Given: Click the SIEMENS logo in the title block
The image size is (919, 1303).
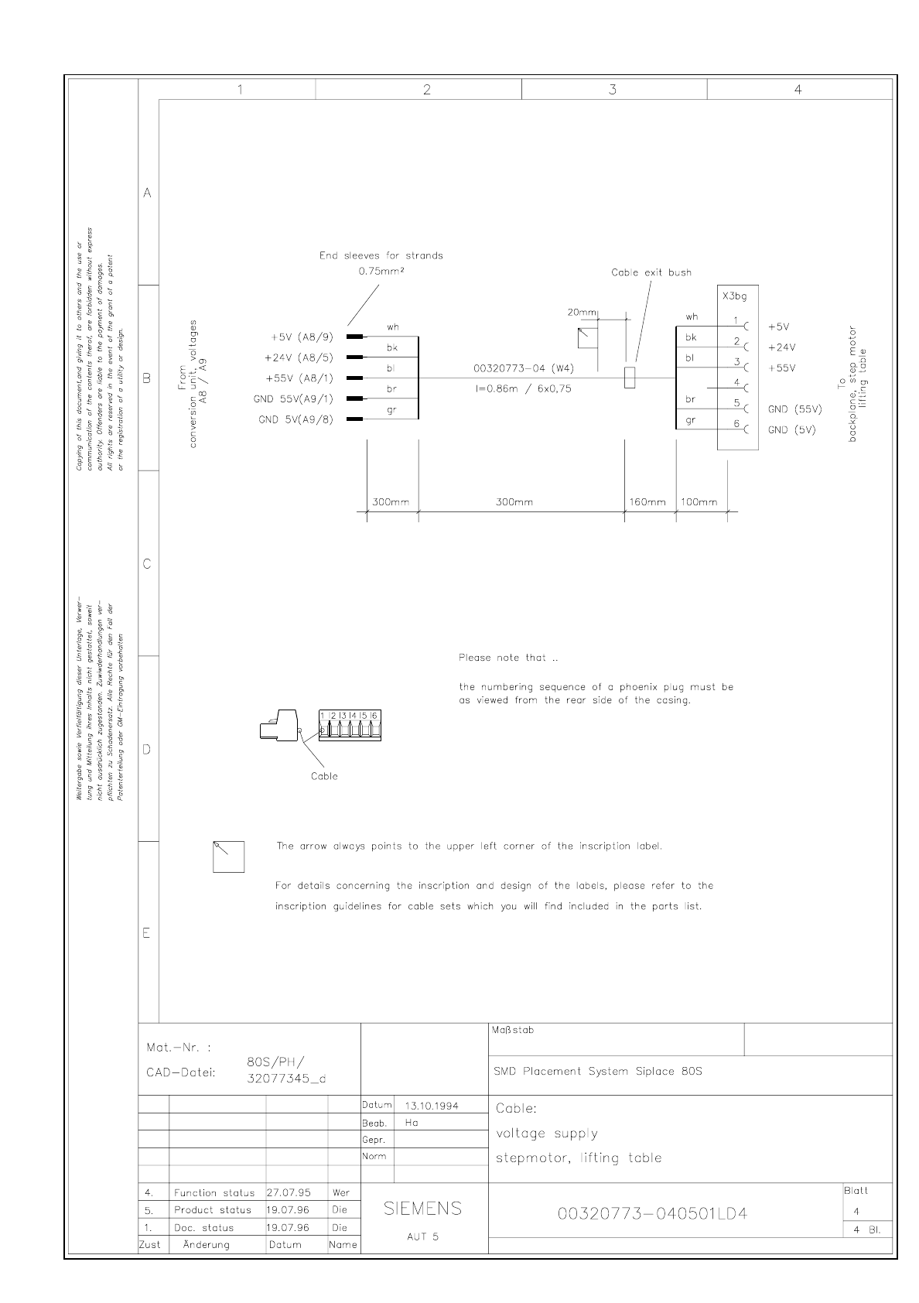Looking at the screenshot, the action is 422,1208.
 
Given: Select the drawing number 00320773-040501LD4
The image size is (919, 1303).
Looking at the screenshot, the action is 653,1212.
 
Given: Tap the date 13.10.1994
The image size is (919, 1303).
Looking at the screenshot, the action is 432,1106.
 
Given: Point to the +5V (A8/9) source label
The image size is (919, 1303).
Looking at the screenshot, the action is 302,337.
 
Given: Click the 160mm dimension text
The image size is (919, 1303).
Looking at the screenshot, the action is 647,502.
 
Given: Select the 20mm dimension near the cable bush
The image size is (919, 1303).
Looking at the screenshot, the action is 582,313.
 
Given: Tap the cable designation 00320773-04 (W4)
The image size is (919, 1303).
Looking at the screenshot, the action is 524,368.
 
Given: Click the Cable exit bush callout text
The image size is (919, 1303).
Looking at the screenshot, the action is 651,272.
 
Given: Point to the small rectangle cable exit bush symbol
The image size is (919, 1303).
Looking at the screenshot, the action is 630,378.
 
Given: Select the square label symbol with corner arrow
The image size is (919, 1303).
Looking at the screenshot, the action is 228,856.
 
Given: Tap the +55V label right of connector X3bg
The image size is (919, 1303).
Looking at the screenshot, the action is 781,368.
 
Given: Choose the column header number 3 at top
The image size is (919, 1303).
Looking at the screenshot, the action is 613,90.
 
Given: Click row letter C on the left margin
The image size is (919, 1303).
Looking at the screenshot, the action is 147,564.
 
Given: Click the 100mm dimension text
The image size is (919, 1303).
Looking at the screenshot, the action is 699,502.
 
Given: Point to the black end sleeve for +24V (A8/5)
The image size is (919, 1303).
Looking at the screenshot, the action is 355,357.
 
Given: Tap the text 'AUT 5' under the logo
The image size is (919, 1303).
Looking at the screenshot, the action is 422,1236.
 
